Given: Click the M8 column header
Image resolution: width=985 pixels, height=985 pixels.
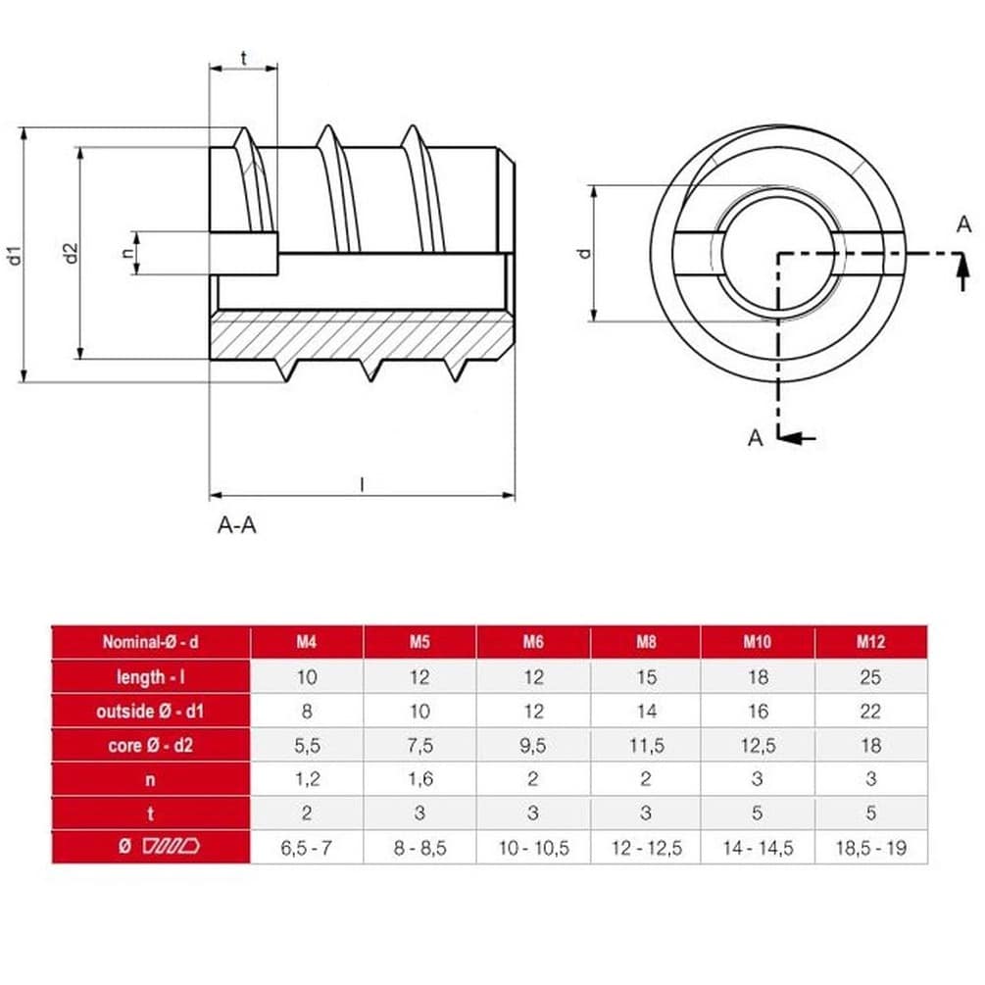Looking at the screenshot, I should click(x=644, y=643).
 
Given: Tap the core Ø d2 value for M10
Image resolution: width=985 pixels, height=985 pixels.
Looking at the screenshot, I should click(x=757, y=746).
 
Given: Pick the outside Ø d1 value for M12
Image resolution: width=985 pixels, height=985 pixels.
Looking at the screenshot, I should click(x=870, y=712).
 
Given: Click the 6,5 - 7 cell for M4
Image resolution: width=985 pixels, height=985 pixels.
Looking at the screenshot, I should click(x=307, y=848).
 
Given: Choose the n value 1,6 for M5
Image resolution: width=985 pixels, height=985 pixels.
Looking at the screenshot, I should click(x=419, y=780).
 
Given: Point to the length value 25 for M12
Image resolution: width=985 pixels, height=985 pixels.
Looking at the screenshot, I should click(x=870, y=677).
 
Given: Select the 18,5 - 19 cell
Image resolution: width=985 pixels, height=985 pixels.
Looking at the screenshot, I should click(x=870, y=848).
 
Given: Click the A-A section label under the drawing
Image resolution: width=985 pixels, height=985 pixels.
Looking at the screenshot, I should click(x=236, y=525).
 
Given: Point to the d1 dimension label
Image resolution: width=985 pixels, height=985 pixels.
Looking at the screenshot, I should click(x=14, y=256).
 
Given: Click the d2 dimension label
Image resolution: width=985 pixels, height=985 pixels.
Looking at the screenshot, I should click(x=71, y=253).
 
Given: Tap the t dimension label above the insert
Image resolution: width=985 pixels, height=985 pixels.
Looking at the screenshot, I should click(x=243, y=59).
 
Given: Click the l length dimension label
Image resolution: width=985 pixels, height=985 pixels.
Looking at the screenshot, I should click(x=362, y=483).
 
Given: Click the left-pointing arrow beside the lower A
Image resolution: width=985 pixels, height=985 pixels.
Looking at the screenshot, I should click(x=802, y=438).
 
